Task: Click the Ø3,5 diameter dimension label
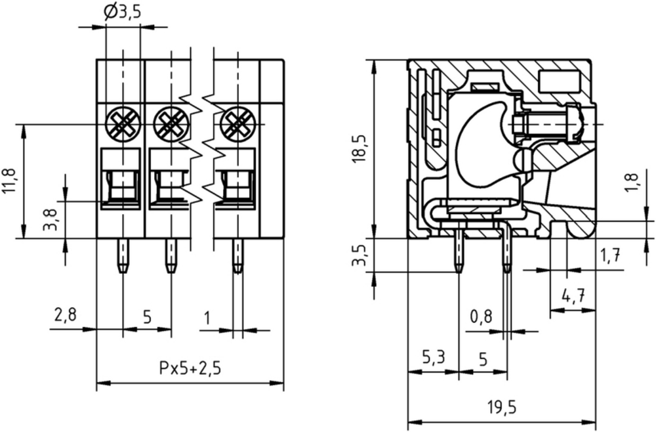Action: [x=122, y=12]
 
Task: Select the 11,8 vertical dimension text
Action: [x=9, y=181]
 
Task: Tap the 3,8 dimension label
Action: [x=50, y=220]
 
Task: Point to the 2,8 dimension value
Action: [x=66, y=314]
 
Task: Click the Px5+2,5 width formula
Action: [x=190, y=368]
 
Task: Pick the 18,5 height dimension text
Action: [x=359, y=149]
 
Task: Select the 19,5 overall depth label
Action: [x=502, y=407]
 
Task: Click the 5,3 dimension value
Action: [x=433, y=358]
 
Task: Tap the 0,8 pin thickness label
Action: [x=482, y=317]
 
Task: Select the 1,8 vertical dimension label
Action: [x=632, y=183]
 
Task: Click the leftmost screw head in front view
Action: [x=123, y=124]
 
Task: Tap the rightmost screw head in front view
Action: [x=237, y=124]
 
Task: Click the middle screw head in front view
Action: [x=171, y=124]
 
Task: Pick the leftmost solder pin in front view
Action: [x=123, y=256]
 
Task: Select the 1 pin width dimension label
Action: [x=207, y=318]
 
